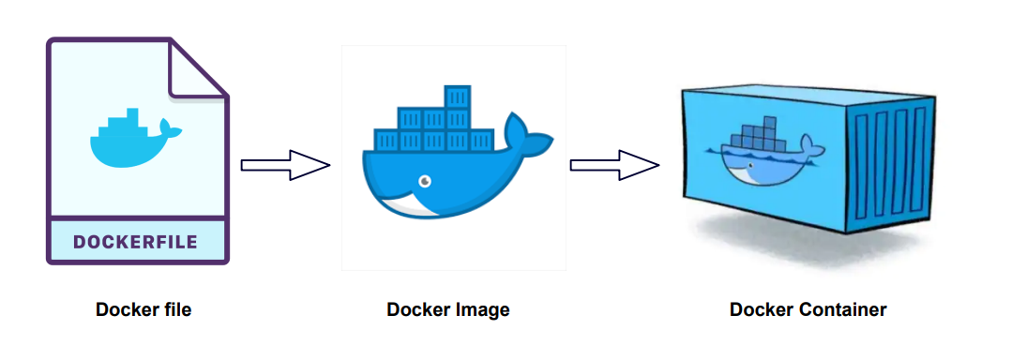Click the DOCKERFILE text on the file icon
point(136,242)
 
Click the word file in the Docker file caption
point(176,309)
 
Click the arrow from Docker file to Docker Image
point(284,165)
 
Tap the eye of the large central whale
point(425,179)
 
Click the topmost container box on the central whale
point(457,97)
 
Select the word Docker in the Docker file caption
point(126,309)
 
